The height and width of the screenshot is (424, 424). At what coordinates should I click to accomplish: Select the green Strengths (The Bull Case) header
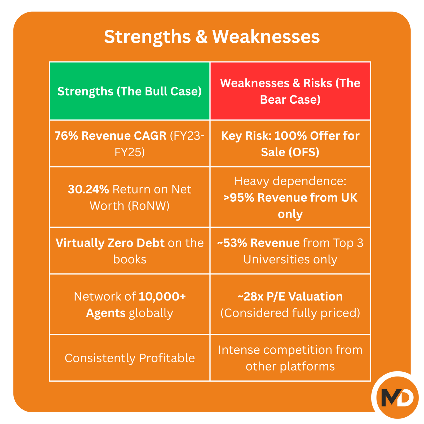(x=130, y=91)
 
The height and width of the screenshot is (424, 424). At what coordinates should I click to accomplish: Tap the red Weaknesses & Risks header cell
(x=290, y=91)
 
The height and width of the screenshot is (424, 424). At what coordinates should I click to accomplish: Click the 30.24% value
(x=88, y=189)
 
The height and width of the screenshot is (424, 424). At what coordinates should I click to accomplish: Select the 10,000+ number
(x=162, y=297)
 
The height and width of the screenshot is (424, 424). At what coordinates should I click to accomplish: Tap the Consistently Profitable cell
(x=130, y=358)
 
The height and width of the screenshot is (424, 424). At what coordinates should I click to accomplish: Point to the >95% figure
(x=238, y=198)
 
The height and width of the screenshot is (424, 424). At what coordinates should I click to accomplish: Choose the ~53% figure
(x=232, y=243)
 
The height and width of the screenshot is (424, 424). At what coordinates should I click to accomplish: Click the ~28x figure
(x=250, y=297)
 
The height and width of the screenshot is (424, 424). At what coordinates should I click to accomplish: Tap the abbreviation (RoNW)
(x=148, y=206)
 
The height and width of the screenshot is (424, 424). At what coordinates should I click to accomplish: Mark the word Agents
(x=106, y=313)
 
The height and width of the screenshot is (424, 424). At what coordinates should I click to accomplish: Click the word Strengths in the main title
(x=147, y=37)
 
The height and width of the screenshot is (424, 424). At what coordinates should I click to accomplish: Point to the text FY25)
(x=130, y=152)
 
